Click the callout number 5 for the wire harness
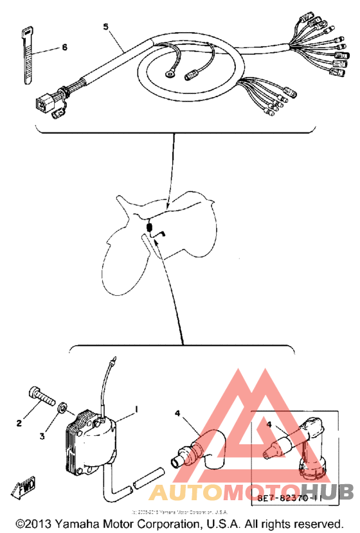point(107,26)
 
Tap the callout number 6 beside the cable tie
point(64,48)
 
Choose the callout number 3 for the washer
point(42,437)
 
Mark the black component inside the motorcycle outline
point(150,228)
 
